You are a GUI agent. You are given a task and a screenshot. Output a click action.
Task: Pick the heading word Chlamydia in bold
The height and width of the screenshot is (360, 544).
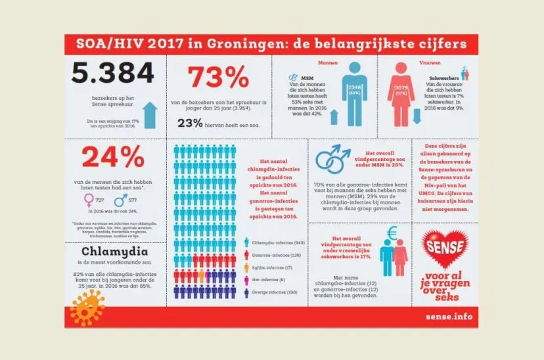113,253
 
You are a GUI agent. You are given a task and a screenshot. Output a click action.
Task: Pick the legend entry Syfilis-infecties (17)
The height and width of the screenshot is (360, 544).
272,268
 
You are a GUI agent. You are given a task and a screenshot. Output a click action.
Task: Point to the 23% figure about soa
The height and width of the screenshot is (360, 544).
189,122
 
